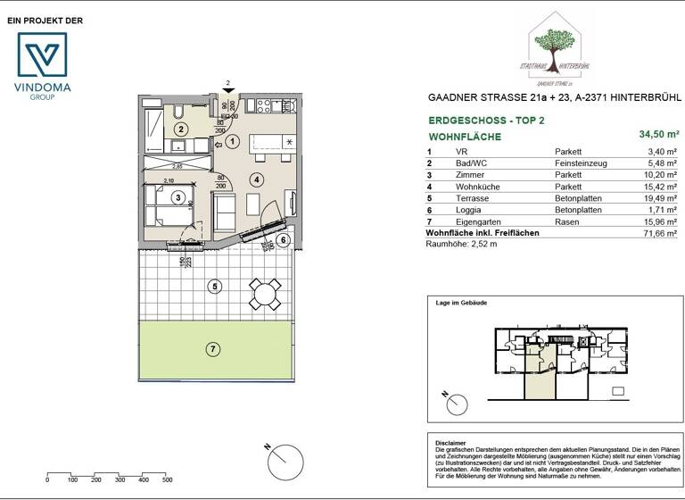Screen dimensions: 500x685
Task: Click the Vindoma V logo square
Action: pos(43,57)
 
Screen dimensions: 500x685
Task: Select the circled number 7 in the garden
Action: pos(212,349)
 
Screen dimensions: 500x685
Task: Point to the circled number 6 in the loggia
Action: pos(284,239)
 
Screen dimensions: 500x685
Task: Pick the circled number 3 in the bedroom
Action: pos(178,198)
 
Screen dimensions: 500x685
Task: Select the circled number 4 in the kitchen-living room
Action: pos(257,179)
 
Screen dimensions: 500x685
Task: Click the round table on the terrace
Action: pos(263,292)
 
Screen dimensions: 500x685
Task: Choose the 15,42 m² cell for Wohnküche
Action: pos(660,187)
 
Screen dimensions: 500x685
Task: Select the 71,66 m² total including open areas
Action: pos(660,233)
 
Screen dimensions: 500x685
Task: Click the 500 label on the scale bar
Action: pos(168,480)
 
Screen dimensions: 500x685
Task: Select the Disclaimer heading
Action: pos(451,443)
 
